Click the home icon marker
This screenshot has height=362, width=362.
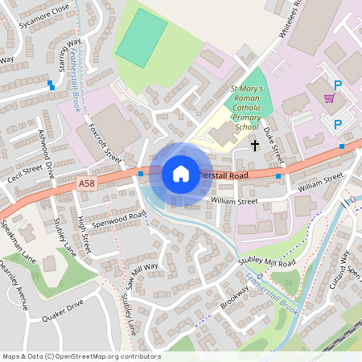(x=181, y=173)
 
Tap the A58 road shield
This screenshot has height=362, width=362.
(x=86, y=184)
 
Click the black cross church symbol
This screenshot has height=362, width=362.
(x=255, y=146)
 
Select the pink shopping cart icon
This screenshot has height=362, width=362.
(x=329, y=98)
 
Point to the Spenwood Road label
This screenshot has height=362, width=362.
(x=118, y=218)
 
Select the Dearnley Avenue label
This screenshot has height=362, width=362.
(x=14, y=286)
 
